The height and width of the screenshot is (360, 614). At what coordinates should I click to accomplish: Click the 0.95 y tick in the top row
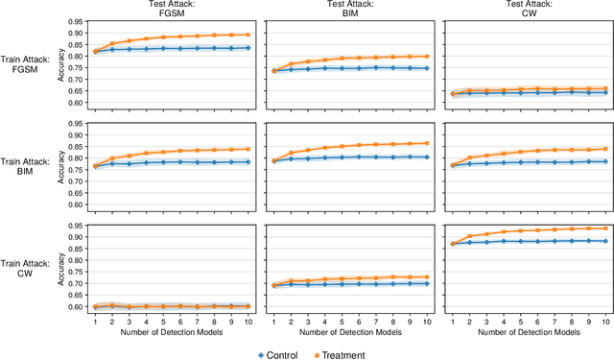75,19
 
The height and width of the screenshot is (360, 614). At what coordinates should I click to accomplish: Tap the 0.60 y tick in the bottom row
75,307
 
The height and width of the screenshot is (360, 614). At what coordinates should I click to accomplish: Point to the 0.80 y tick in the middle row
75,158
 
